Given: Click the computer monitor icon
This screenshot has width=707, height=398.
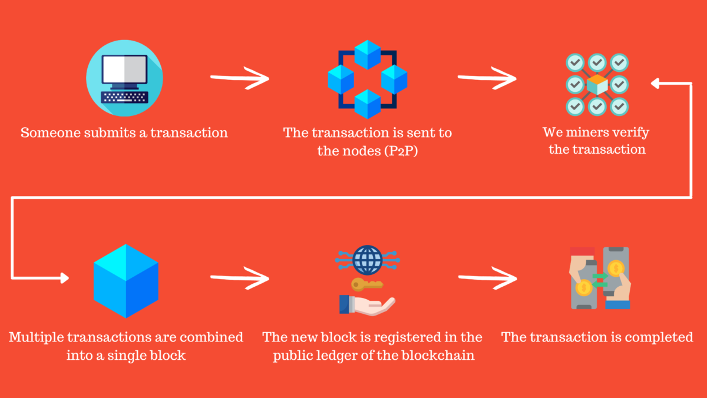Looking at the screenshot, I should (x=124, y=69).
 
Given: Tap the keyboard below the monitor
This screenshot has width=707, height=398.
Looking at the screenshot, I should (x=124, y=97).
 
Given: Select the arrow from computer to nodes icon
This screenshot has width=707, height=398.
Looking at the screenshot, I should (x=239, y=78).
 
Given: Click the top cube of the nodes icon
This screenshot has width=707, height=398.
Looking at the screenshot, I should (x=368, y=52).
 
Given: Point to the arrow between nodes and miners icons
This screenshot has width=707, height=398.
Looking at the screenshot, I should (x=487, y=78).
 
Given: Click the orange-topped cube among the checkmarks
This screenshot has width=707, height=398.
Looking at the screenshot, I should (x=597, y=84).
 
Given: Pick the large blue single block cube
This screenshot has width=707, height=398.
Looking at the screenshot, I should (x=126, y=281).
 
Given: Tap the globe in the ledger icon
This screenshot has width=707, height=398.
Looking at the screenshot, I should (x=368, y=258).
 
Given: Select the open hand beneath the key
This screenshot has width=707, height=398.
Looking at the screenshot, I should (x=368, y=304).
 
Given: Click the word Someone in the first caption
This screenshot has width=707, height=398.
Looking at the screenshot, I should (x=48, y=132).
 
